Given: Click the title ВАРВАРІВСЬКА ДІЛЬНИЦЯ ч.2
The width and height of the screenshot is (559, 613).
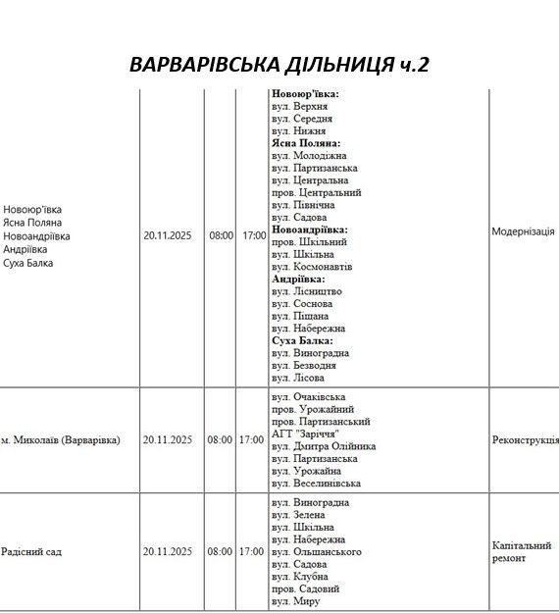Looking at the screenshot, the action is (x=279, y=65).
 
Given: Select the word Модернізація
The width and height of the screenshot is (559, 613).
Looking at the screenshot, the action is (x=523, y=231).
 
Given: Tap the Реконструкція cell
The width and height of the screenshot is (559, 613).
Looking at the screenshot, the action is (x=525, y=440).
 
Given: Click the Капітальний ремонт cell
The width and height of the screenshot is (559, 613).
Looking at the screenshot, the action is (x=522, y=551).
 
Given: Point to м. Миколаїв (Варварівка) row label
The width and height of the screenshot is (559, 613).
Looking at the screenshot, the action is (x=61, y=440).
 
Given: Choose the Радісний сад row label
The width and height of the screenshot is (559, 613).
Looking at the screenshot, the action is (x=31, y=552).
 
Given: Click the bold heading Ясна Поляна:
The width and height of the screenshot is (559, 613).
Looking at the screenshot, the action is (x=306, y=143).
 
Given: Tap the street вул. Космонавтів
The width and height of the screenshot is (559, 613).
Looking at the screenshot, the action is (x=311, y=267).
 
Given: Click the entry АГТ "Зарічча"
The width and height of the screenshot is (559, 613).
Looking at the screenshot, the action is (x=305, y=434).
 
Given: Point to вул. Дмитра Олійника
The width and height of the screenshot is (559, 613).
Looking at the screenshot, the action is (x=323, y=446).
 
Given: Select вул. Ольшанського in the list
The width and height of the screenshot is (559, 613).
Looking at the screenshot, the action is (x=316, y=552).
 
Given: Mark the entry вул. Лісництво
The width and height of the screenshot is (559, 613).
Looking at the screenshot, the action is (x=308, y=291).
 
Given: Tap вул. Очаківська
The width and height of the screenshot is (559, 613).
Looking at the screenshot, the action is (x=308, y=397).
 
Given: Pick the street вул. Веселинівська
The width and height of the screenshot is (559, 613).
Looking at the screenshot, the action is (x=316, y=484).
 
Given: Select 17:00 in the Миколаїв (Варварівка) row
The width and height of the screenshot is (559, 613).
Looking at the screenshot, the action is (x=252, y=440).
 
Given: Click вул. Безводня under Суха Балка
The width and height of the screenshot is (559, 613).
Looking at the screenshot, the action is (x=307, y=365).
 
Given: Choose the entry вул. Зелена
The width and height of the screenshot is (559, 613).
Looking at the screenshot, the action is (x=298, y=515).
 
